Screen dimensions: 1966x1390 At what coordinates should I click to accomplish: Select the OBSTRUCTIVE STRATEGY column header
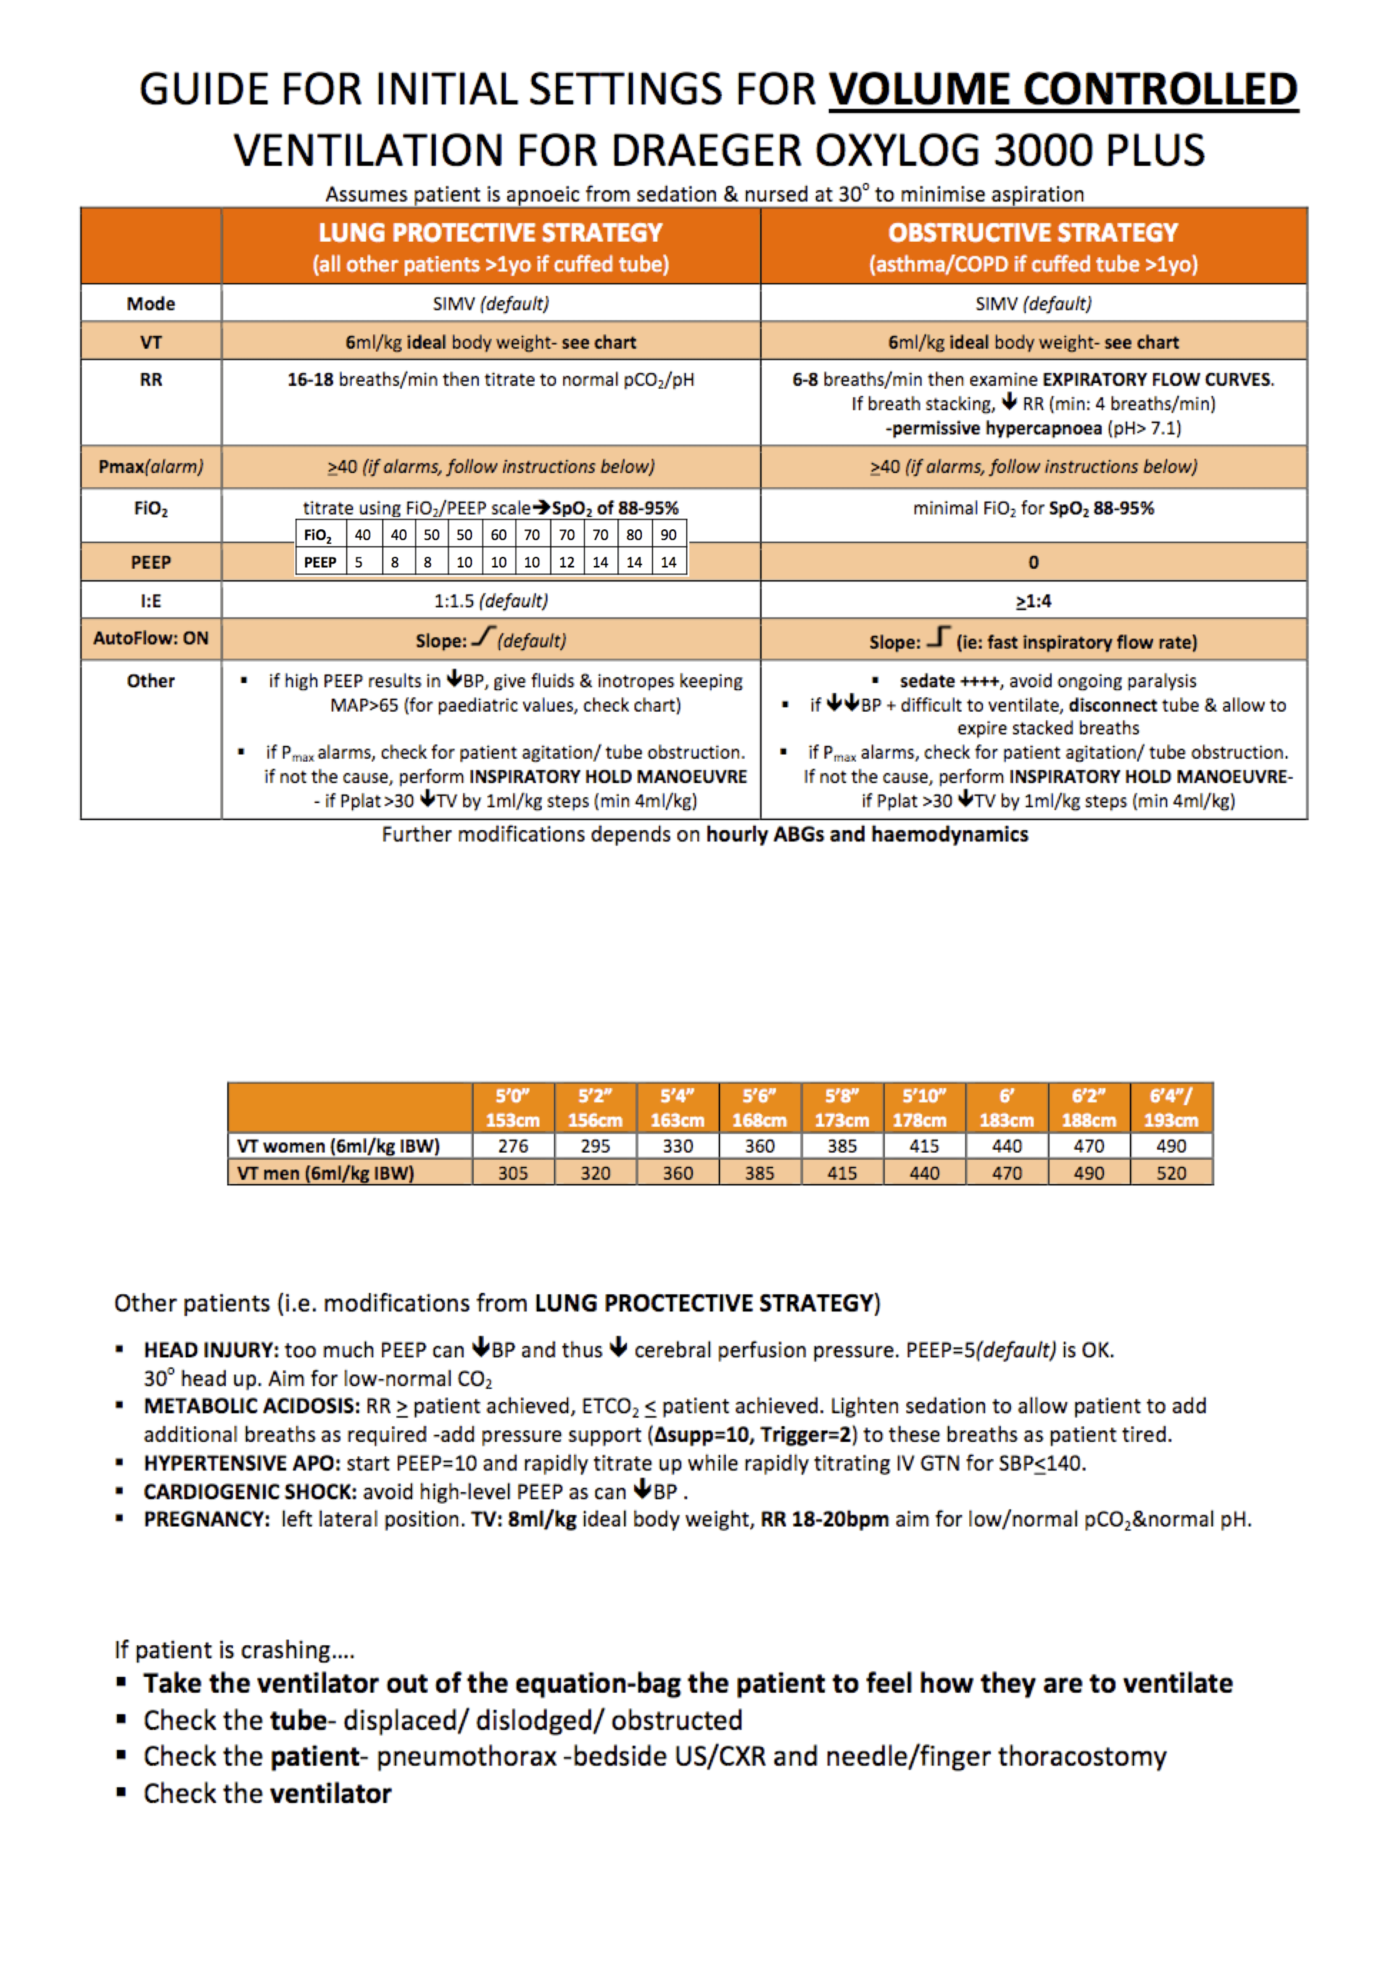click(1033, 233)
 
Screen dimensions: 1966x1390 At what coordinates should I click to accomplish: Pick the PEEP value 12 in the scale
click(566, 562)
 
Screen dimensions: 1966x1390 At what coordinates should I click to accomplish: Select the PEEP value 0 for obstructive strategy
click(1033, 562)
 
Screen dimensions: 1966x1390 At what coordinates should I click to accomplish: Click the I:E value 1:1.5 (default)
click(491, 601)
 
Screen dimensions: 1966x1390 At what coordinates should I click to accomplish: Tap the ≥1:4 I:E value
click(1033, 601)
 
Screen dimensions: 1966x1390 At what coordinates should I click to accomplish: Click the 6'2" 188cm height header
click(1089, 1108)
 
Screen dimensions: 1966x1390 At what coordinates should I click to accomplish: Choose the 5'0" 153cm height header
click(513, 1108)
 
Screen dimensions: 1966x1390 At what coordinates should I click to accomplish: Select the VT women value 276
click(513, 1146)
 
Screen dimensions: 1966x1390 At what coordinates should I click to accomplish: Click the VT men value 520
click(1171, 1173)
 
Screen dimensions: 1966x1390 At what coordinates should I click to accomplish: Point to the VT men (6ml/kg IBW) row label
click(325, 1173)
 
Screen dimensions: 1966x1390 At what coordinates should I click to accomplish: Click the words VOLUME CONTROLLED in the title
click(1063, 90)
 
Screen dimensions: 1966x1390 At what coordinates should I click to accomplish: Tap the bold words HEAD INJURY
click(211, 1350)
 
